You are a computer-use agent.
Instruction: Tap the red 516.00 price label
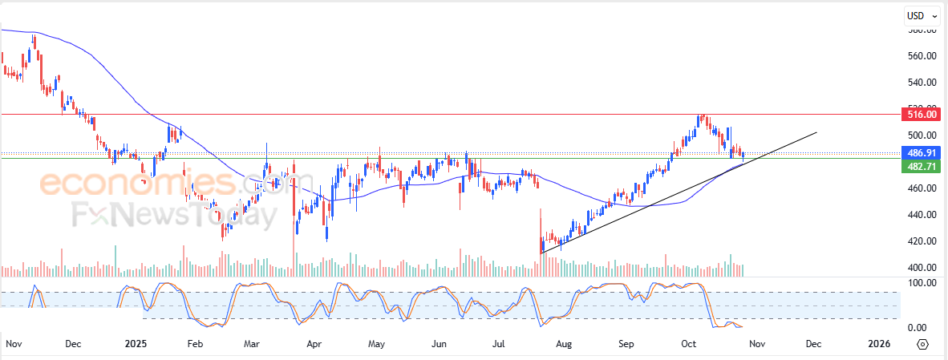920,115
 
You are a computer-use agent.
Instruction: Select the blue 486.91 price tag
920,152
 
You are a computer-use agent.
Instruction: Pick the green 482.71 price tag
920,166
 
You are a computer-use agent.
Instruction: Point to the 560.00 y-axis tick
922,56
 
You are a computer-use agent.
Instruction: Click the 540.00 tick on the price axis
922,82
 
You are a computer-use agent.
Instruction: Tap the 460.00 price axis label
922,188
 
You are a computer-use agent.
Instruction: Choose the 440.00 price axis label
922,215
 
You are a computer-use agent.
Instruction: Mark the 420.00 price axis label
922,241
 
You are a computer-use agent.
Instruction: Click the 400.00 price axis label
922,268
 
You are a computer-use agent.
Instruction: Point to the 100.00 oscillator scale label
922,283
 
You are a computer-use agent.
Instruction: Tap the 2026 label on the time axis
878,344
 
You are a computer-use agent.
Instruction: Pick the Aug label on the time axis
564,344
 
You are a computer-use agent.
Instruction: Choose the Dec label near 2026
812,344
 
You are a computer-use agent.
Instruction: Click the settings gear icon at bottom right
922,344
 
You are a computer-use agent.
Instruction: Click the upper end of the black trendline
816,132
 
